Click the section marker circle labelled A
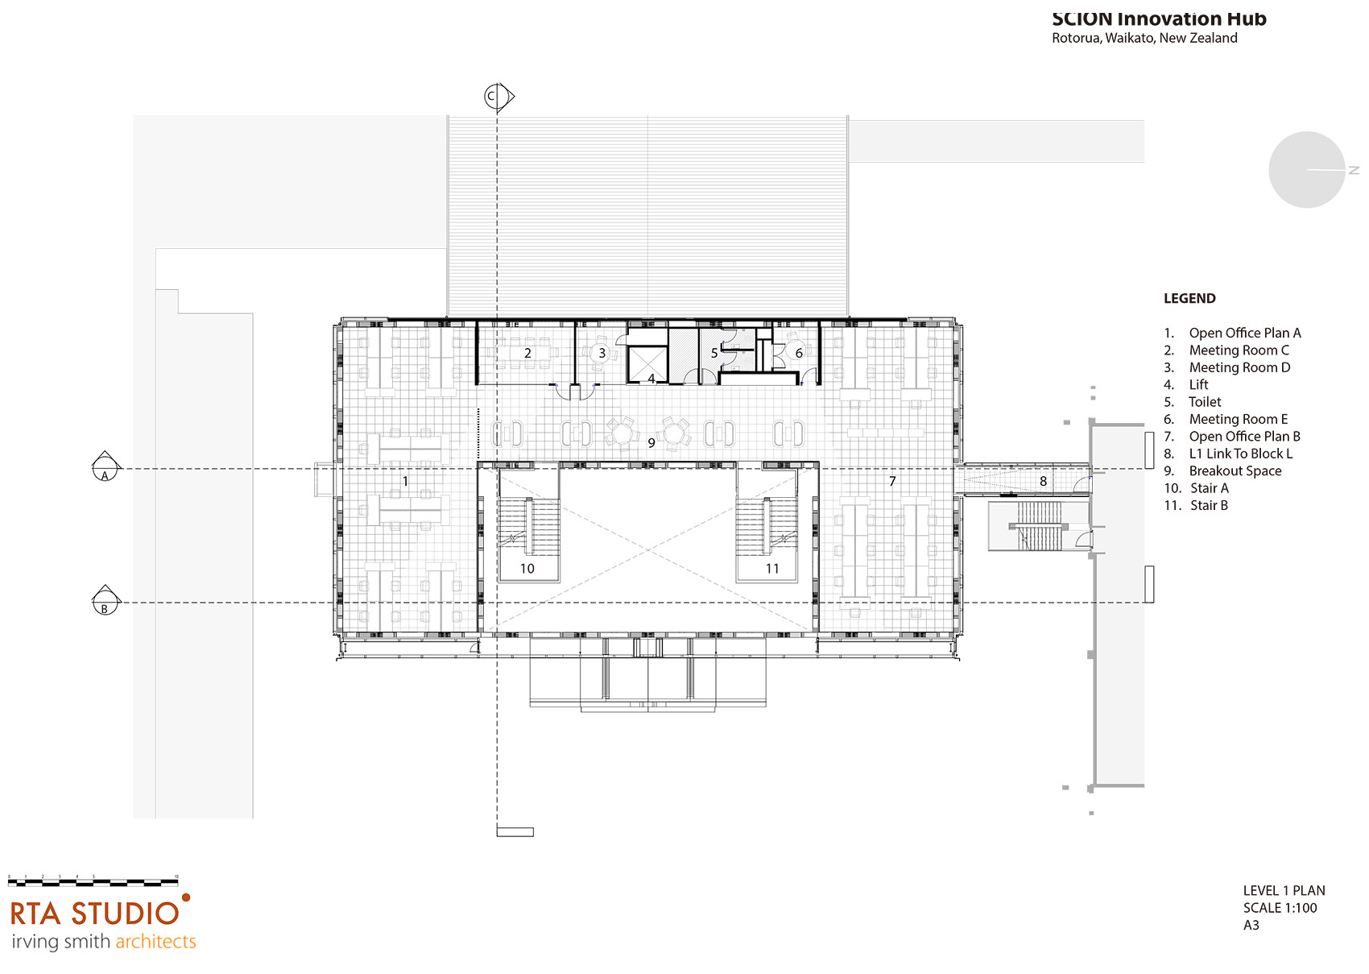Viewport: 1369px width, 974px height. pyautogui.click(x=105, y=468)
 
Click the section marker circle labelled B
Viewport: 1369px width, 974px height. pyautogui.click(x=105, y=602)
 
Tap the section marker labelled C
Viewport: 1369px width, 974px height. pyautogui.click(x=493, y=97)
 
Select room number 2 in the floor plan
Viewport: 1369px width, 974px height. pyautogui.click(x=527, y=353)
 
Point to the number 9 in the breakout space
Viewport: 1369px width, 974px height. pyautogui.click(x=651, y=443)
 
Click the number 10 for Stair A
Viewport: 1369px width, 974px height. pyautogui.click(x=527, y=569)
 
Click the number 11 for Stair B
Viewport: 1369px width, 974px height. pyautogui.click(x=772, y=569)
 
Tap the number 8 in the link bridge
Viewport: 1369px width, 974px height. pyautogui.click(x=1043, y=482)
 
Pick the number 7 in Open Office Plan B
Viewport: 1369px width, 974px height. pyautogui.click(x=892, y=481)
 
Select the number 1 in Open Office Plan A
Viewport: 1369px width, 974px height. pyautogui.click(x=405, y=481)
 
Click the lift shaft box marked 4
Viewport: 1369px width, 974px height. pyautogui.click(x=647, y=365)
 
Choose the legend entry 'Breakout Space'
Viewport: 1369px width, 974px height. pyautogui.click(x=1235, y=471)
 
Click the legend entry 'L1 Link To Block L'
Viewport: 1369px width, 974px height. pyautogui.click(x=1240, y=454)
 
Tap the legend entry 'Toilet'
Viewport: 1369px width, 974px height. pyautogui.click(x=1205, y=402)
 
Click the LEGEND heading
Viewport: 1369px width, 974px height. pyautogui.click(x=1189, y=299)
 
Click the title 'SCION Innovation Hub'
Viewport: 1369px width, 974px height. pyautogui.click(x=1159, y=19)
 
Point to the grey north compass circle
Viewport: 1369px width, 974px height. pyautogui.click(x=1306, y=170)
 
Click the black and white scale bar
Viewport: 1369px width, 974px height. pyautogui.click(x=93, y=882)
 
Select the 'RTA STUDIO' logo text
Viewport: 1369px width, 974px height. pyautogui.click(x=95, y=914)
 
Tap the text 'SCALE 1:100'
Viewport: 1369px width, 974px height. pyautogui.click(x=1280, y=908)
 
